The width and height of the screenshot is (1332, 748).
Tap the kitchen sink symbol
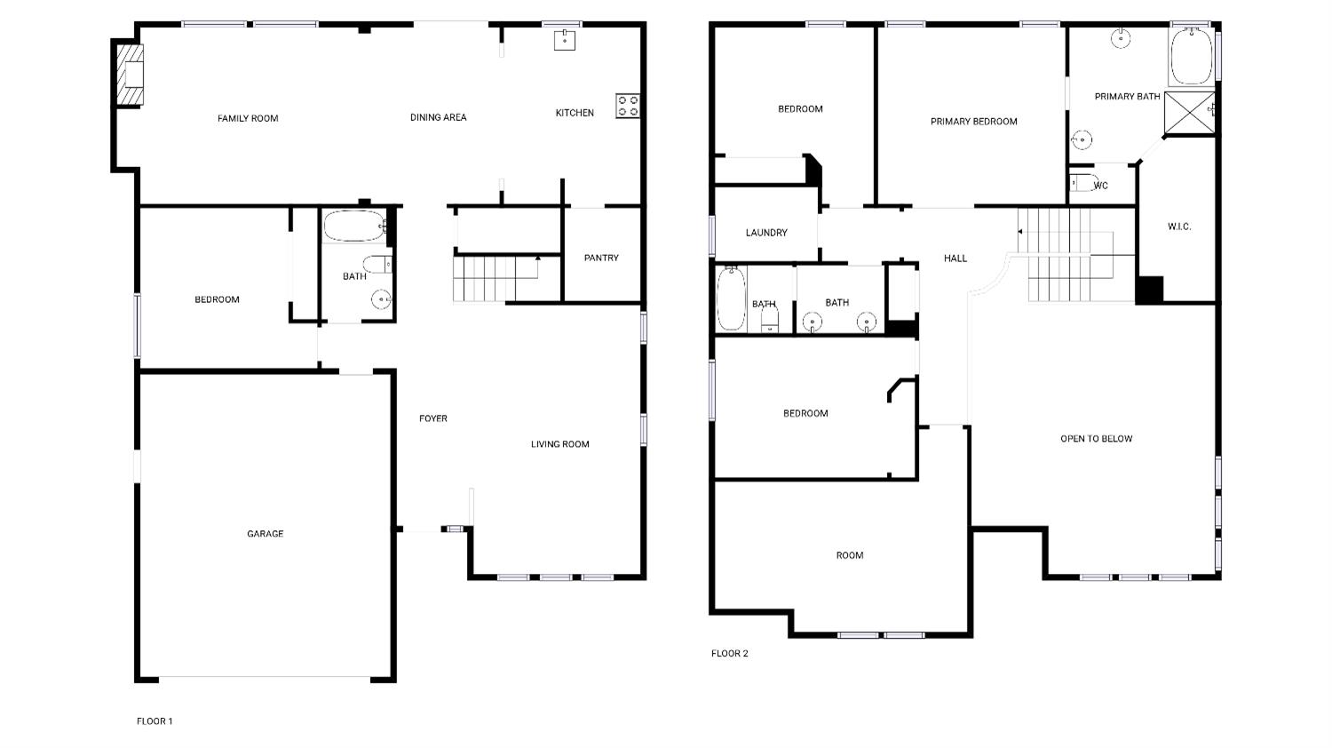(564, 39)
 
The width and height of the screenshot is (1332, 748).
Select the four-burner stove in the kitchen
(627, 106)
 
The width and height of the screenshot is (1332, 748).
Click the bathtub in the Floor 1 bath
(353, 226)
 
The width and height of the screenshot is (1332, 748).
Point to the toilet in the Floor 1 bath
(379, 264)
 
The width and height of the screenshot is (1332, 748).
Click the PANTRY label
(601, 258)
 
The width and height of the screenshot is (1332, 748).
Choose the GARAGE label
(265, 534)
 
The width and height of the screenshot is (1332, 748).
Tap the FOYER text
(433, 418)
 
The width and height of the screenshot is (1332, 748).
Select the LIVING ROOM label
(559, 444)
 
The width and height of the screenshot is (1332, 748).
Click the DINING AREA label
(438, 117)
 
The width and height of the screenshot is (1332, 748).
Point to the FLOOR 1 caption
(155, 721)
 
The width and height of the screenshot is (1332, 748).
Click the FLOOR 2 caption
(729, 654)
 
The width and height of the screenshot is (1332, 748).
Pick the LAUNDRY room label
(766, 233)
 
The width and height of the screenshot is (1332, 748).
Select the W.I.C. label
(1178, 227)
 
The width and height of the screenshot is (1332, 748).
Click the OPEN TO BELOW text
(1096, 439)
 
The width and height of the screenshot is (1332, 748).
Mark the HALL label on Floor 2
(955, 259)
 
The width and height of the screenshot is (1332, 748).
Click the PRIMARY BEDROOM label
(973, 122)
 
